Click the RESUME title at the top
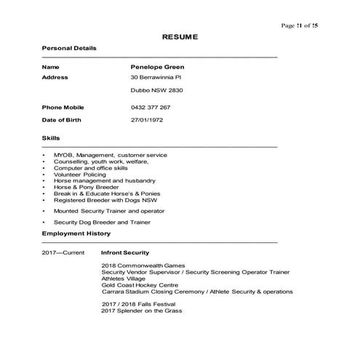click(x=179, y=36)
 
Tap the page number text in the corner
click(x=299, y=25)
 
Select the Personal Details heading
click(x=69, y=48)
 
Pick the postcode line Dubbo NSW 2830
click(x=156, y=92)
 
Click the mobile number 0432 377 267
click(x=151, y=107)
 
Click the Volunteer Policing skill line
click(x=79, y=175)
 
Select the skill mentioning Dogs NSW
click(x=105, y=200)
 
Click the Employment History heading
click(x=76, y=233)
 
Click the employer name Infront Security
click(x=125, y=252)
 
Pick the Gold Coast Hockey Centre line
click(x=140, y=285)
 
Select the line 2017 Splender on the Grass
click(x=142, y=311)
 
